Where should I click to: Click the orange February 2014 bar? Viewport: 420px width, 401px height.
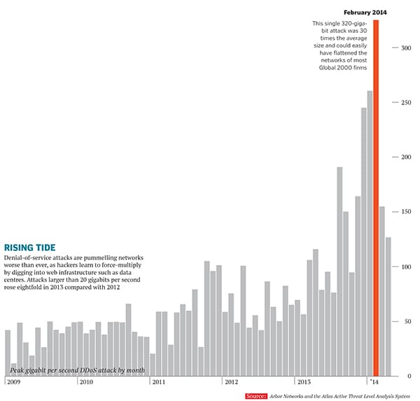pos(376,196)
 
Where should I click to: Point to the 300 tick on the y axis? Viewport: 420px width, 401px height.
pos(405,48)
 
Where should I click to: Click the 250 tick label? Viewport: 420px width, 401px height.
pos(405,102)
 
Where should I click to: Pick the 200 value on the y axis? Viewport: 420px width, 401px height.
pos(405,157)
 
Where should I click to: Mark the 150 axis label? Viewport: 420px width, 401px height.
pos(405,212)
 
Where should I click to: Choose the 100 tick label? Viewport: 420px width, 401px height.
pos(405,267)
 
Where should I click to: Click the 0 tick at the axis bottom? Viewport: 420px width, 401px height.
pos(409,376)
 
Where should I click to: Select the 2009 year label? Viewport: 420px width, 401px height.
pos(14,383)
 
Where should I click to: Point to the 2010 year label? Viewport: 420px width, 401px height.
pos(86,383)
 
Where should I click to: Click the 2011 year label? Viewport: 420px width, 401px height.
pos(159,383)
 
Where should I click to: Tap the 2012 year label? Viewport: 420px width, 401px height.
pos(232,383)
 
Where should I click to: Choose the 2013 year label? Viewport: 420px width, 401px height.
pos(304,383)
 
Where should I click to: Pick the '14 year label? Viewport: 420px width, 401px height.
pos(373,383)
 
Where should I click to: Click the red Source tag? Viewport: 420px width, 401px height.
pos(256,396)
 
